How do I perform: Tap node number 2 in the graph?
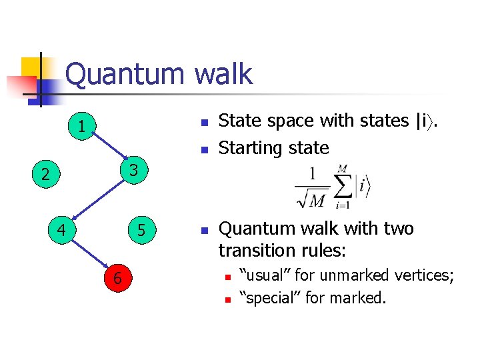[44, 175]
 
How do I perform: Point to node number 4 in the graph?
[61, 232]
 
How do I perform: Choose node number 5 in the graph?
[141, 232]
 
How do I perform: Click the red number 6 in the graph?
[117, 279]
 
